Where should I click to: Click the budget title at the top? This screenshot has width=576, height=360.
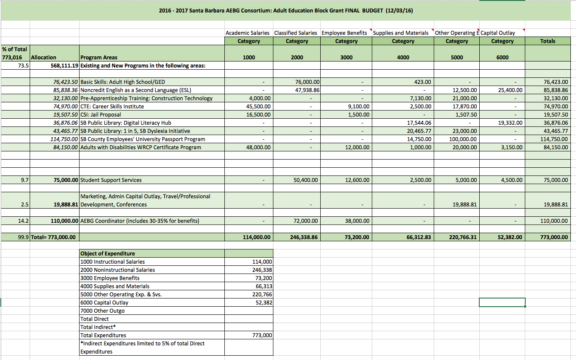(x=286, y=10)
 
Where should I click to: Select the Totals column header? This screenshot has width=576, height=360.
(x=548, y=41)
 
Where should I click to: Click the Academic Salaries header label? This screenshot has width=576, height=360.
(x=248, y=33)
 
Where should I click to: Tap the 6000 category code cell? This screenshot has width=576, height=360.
(x=502, y=57)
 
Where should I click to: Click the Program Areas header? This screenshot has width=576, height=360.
(x=99, y=57)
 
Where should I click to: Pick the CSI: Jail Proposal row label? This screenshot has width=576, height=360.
(x=101, y=114)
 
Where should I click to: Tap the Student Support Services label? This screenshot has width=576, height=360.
(x=111, y=180)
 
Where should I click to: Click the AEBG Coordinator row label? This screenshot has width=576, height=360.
(x=140, y=221)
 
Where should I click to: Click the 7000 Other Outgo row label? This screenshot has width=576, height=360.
(x=102, y=311)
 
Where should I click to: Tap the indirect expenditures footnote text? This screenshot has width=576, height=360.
(x=142, y=347)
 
